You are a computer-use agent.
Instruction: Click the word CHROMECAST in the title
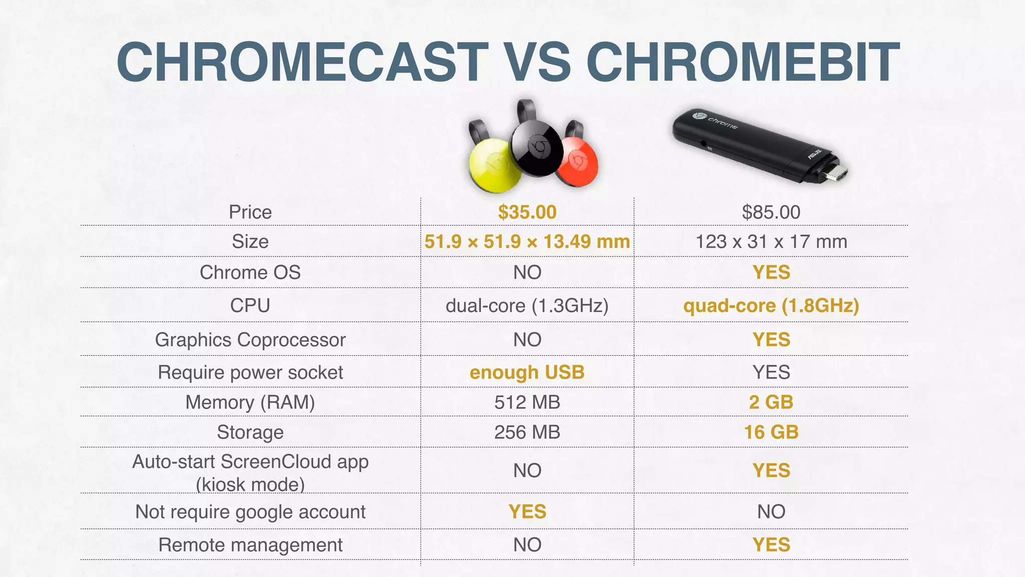pyautogui.click(x=302, y=62)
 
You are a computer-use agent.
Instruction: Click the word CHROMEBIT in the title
pyautogui.click(x=743, y=62)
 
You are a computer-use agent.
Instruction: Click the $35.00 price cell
pyautogui.click(x=527, y=212)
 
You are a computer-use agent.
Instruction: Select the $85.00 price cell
pyautogui.click(x=771, y=212)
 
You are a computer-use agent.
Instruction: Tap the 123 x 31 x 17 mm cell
pyautogui.click(x=771, y=241)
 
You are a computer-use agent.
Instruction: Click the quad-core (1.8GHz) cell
pyautogui.click(x=771, y=305)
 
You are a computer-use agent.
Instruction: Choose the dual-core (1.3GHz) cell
pyautogui.click(x=527, y=305)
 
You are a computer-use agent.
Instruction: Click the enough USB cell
pyautogui.click(x=527, y=372)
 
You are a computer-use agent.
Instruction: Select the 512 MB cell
pyautogui.click(x=527, y=402)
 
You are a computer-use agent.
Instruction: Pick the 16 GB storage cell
pyautogui.click(x=771, y=432)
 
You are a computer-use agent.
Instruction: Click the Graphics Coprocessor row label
pyautogui.click(x=250, y=340)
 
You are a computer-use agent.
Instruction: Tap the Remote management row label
pyautogui.click(x=250, y=544)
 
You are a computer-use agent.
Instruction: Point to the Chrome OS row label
pyautogui.click(x=250, y=272)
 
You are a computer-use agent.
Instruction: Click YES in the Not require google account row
pyautogui.click(x=527, y=511)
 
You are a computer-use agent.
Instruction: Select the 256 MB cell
pyautogui.click(x=527, y=432)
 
